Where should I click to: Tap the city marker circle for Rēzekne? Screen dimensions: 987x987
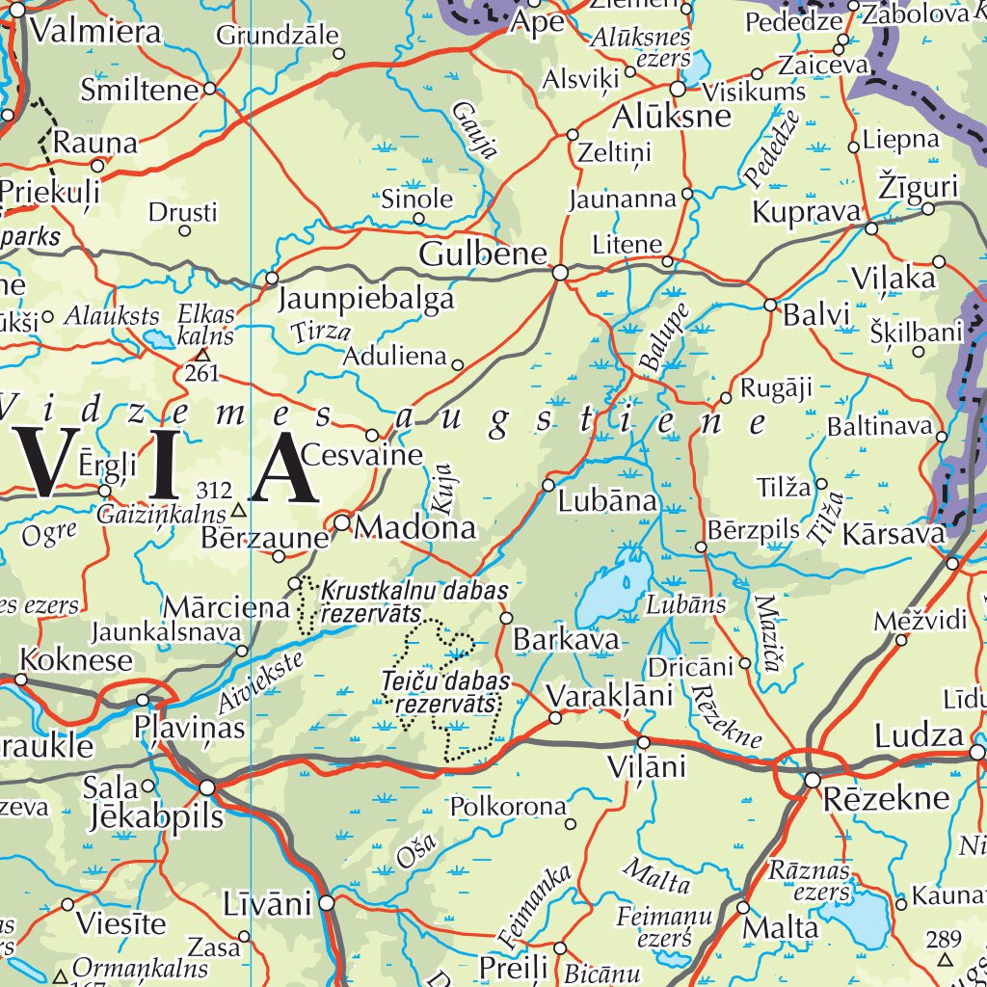[x=813, y=778]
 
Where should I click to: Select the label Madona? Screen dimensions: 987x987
[x=415, y=528]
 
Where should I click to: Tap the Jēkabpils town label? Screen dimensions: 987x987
[x=156, y=817]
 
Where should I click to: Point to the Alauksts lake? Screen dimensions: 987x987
[x=156, y=338]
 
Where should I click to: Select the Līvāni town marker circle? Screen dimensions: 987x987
[x=328, y=903]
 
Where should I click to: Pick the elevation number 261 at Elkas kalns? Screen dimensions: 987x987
[x=202, y=372]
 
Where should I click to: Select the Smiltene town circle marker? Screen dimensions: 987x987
[x=209, y=90]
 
